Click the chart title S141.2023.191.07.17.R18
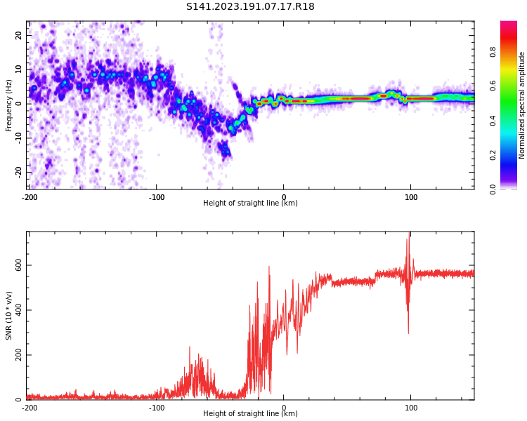(250, 6)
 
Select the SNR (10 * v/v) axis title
(9, 316)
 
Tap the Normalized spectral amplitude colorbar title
(522, 105)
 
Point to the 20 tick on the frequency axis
(19, 35)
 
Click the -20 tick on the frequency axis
(18, 172)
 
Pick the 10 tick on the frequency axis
(19, 69)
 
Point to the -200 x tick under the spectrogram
(30, 197)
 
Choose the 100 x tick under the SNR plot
(411, 408)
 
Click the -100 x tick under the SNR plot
(157, 408)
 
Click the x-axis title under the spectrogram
(250, 203)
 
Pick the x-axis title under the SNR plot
(250, 414)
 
